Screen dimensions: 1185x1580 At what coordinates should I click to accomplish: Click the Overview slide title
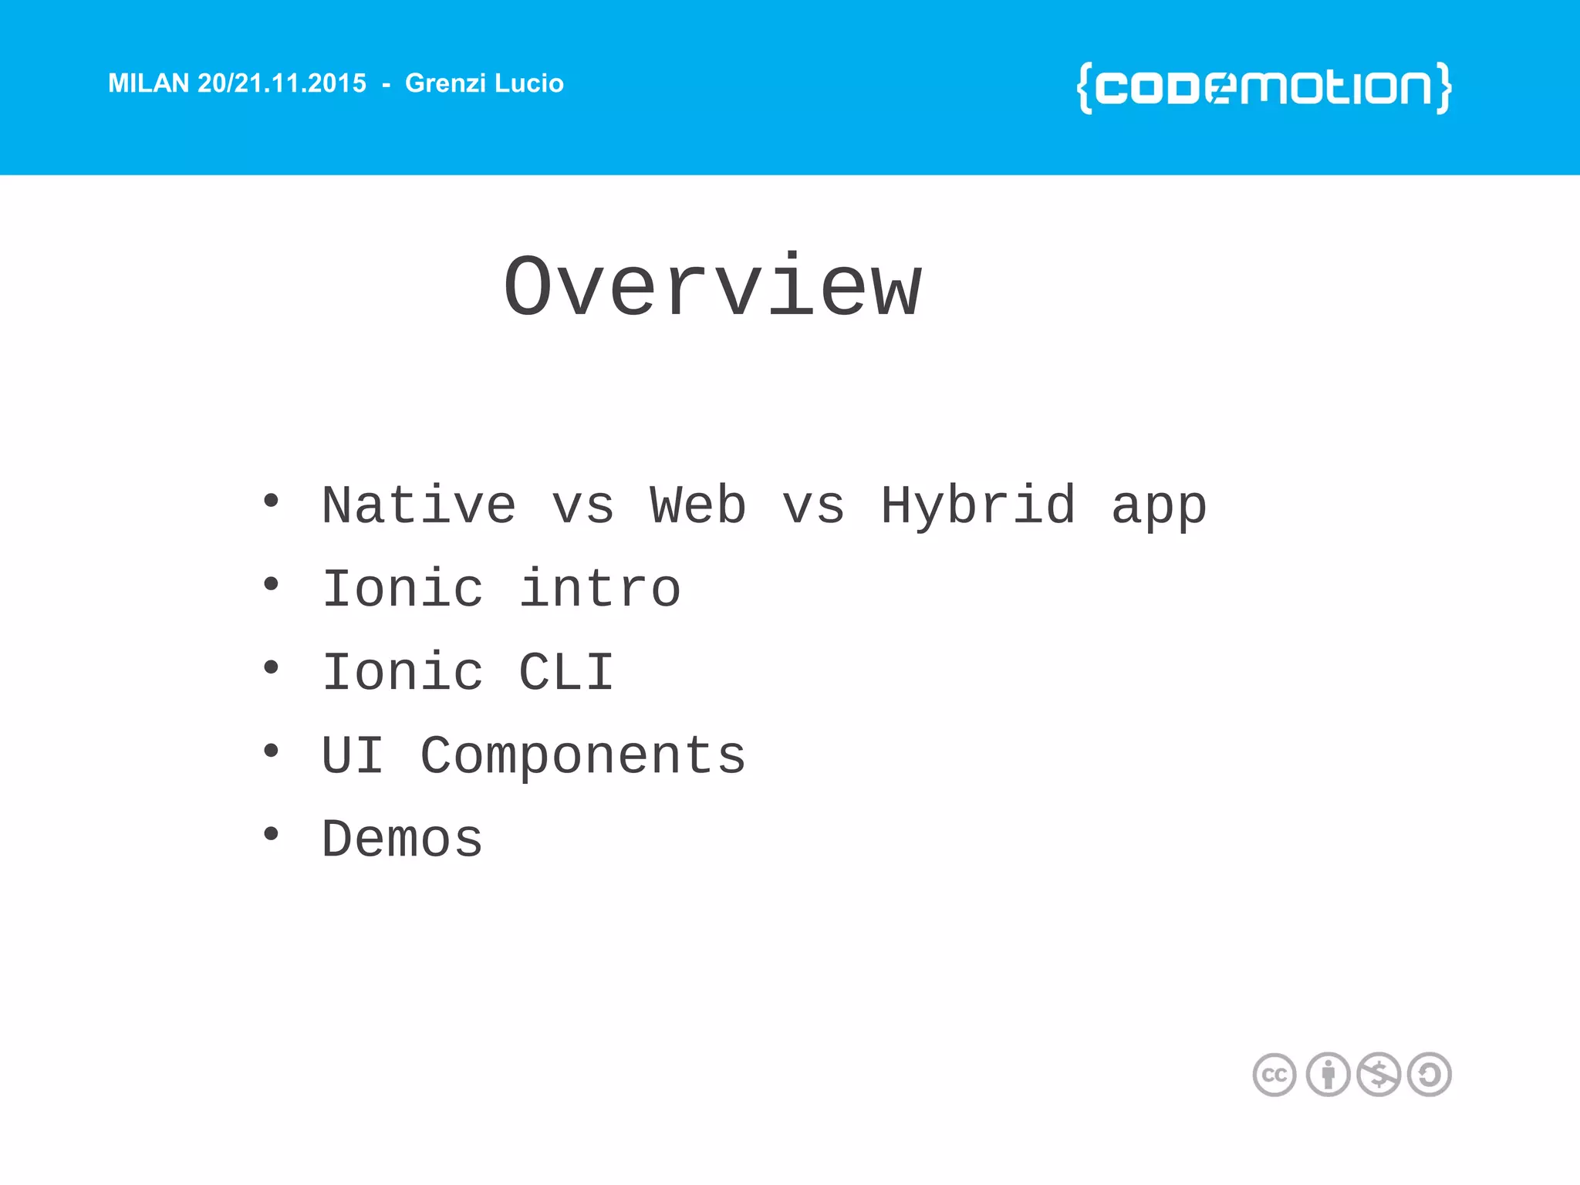coord(713,288)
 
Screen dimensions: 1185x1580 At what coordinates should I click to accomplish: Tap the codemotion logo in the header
coord(1264,87)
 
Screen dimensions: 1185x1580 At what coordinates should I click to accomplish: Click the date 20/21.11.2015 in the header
coord(282,83)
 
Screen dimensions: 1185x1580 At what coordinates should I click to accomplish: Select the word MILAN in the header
coord(148,83)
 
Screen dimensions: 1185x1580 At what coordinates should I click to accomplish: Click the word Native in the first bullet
coord(419,506)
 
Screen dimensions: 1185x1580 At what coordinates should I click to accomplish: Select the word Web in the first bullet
coord(697,506)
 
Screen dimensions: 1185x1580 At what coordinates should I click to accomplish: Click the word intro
coord(599,589)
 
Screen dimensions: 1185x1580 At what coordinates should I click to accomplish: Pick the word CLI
coord(566,672)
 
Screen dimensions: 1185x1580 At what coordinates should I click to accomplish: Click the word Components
coord(582,757)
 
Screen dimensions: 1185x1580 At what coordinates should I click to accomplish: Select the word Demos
coord(402,839)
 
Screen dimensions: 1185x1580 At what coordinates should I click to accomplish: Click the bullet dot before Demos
coord(271,834)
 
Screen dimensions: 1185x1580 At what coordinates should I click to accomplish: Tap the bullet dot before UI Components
coord(271,751)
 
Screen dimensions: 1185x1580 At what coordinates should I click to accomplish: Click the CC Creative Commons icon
coord(1274,1075)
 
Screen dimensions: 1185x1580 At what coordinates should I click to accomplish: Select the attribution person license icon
coord(1328,1075)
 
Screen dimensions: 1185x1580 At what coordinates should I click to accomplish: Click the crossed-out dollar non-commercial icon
coord(1379,1075)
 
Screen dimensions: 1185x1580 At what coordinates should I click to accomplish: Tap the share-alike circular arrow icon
coord(1430,1075)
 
